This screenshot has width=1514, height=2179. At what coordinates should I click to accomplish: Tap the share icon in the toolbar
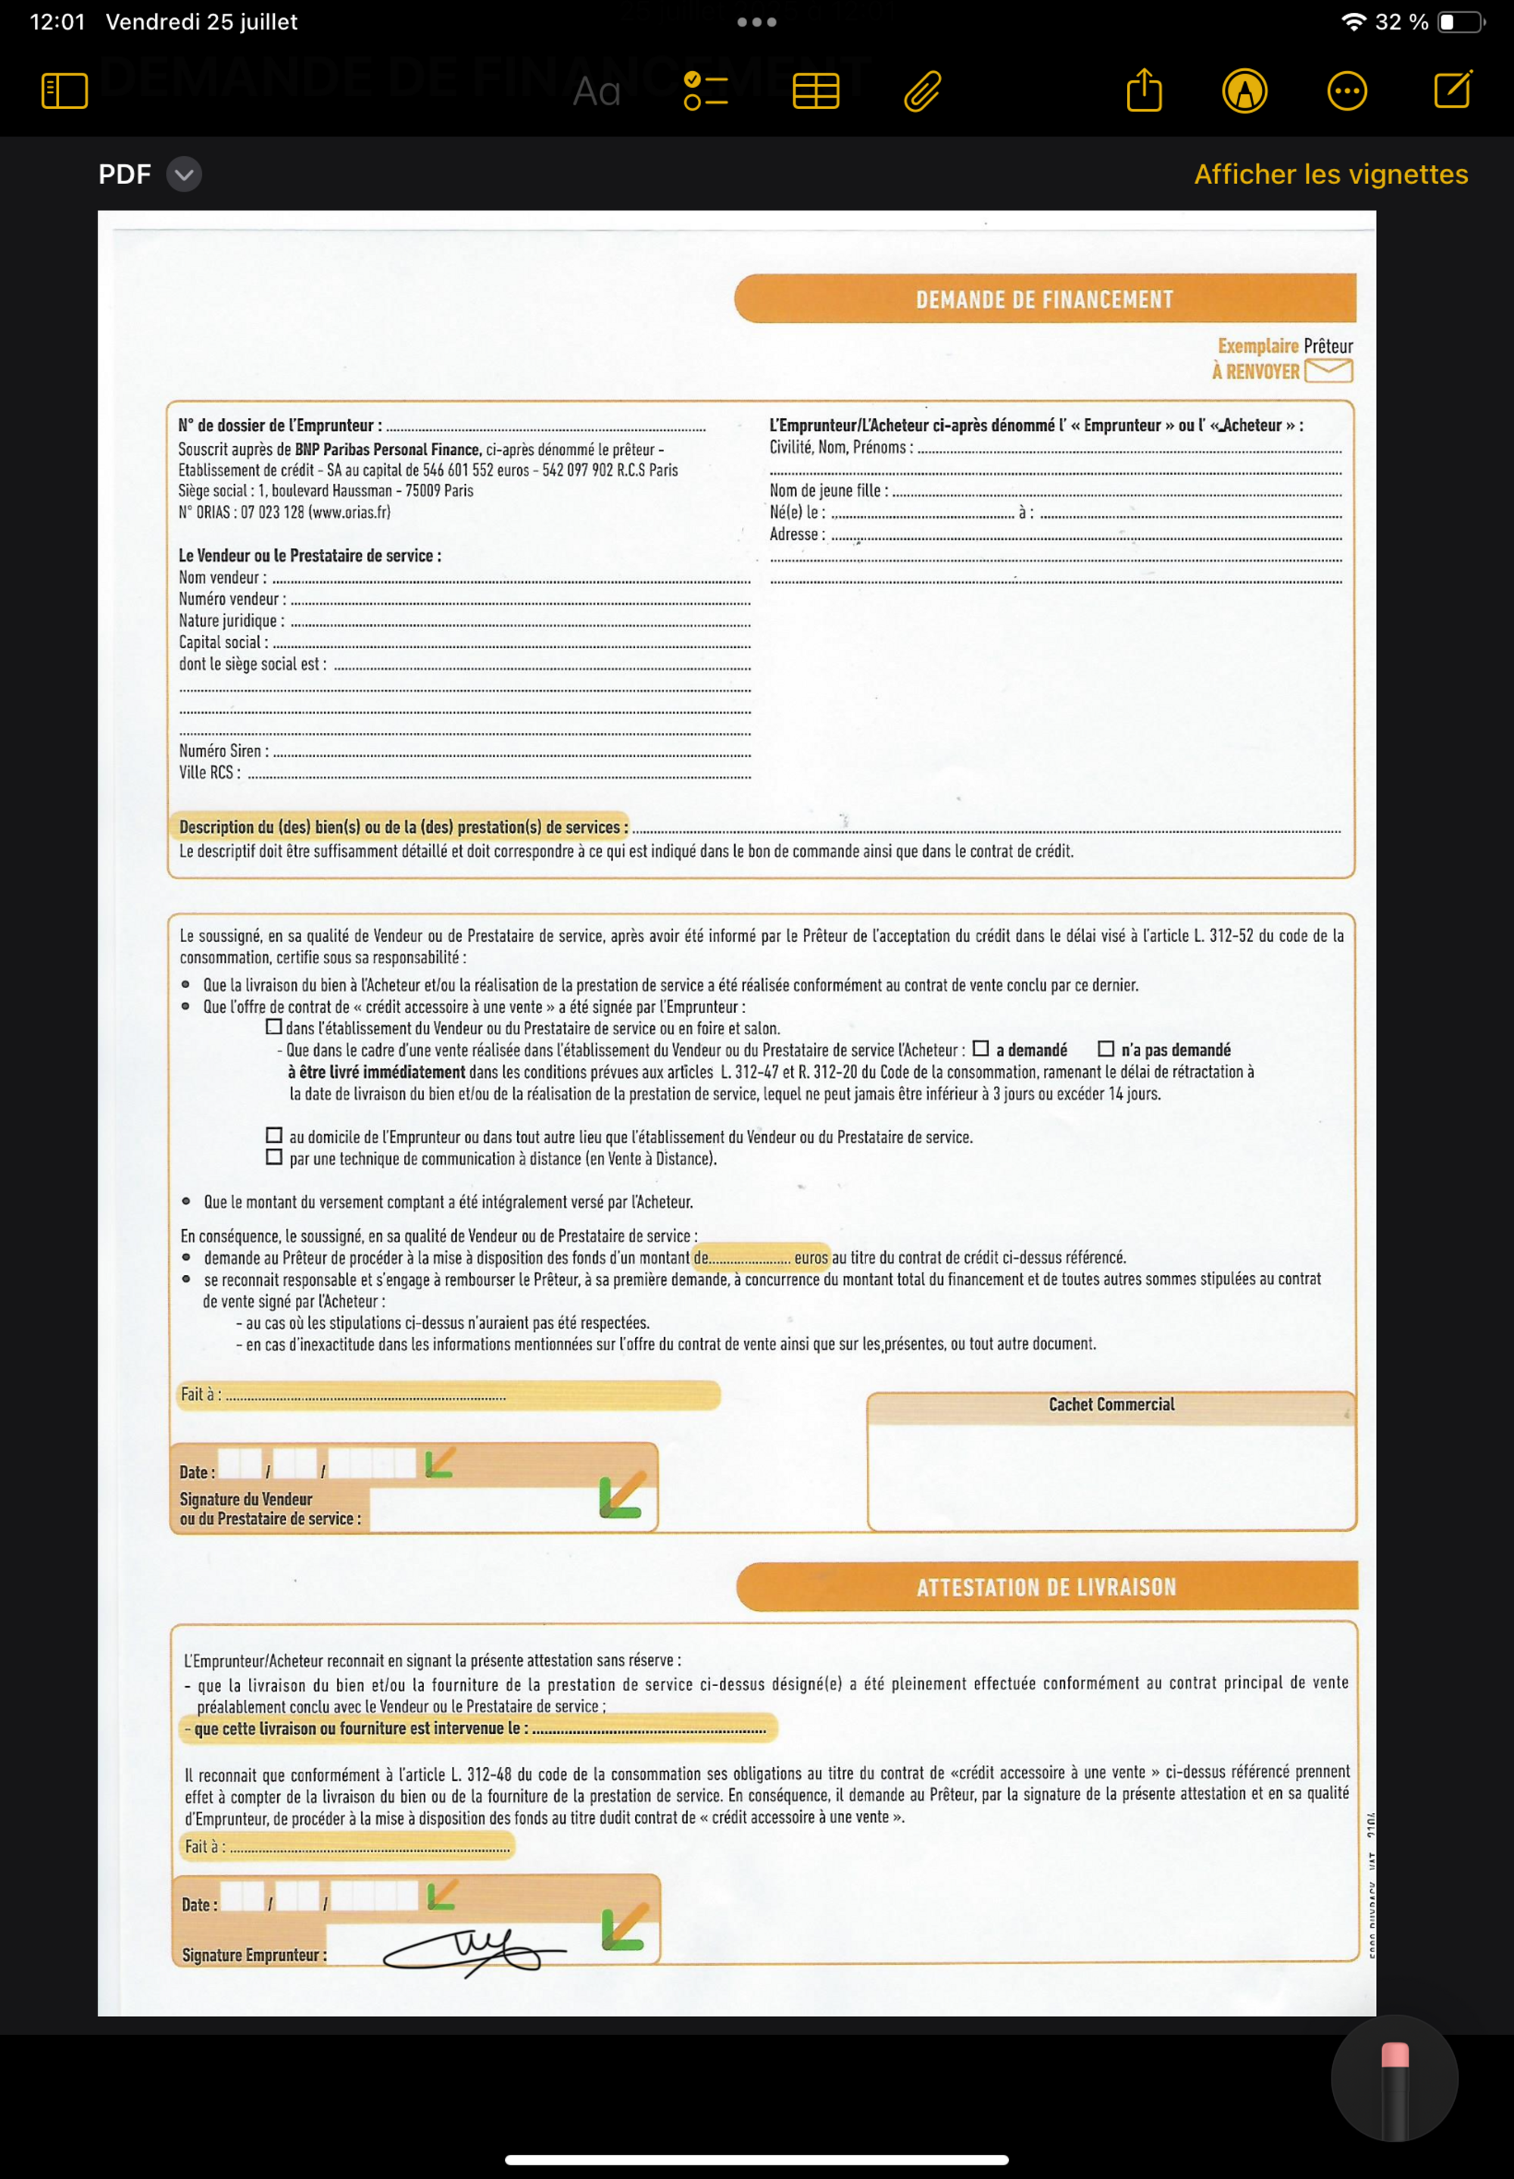tap(1144, 91)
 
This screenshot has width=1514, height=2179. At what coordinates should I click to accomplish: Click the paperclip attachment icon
tap(922, 91)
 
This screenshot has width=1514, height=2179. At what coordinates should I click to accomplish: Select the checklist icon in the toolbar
tap(706, 91)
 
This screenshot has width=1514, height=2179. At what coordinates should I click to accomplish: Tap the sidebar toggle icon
tap(64, 91)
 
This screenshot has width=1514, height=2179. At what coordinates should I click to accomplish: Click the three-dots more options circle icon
tap(1347, 91)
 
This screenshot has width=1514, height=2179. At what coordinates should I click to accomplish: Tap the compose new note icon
tap(1453, 90)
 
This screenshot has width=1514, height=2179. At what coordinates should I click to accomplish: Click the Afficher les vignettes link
tap(1330, 175)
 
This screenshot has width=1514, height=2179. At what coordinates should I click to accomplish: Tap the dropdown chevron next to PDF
tap(184, 175)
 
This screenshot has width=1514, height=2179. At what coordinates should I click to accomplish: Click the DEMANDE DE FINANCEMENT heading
tap(1045, 300)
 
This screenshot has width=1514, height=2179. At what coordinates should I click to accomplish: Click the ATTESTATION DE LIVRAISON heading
tap(1046, 1587)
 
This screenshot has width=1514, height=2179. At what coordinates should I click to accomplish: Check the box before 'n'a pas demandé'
tap(1105, 1048)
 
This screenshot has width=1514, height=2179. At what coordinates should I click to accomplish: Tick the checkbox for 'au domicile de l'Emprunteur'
tap(274, 1135)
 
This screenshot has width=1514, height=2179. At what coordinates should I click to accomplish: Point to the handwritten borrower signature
tap(475, 1950)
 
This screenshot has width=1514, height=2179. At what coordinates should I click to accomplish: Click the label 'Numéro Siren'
tap(223, 750)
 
